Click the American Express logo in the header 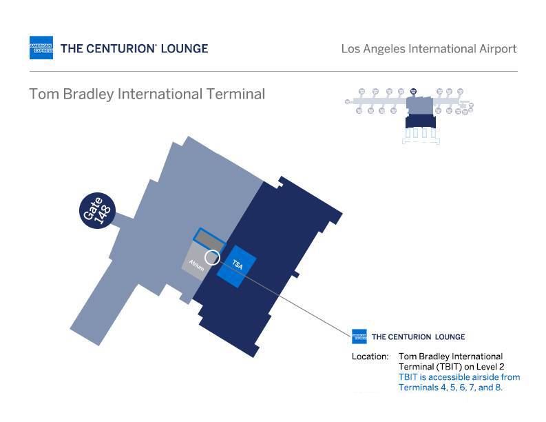tap(41, 48)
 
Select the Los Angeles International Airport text tap(428, 49)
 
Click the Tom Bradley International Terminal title tap(147, 94)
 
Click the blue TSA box tap(237, 265)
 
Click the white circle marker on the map tap(212, 257)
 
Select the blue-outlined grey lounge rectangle tap(209, 239)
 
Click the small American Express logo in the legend tap(359, 336)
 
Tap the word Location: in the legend tap(370, 356)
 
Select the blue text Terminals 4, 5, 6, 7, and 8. tap(450, 388)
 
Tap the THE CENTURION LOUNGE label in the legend tap(418, 337)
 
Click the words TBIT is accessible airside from tap(459, 377)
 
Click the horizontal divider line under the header tap(273, 71)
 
